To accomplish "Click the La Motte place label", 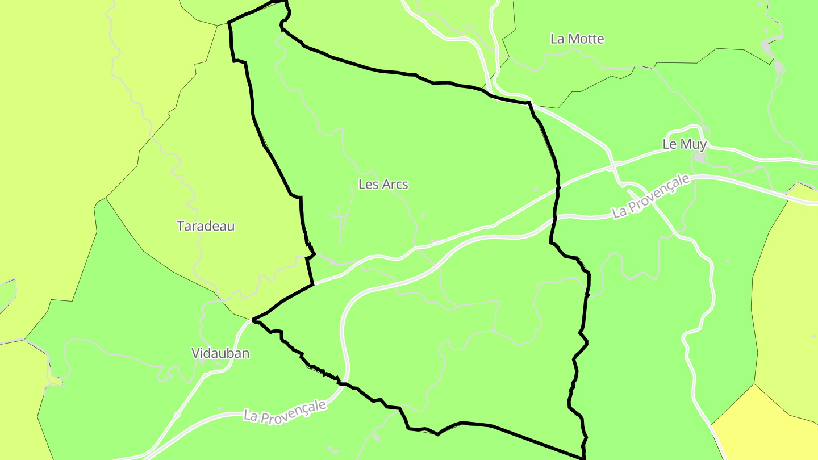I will click(x=577, y=39).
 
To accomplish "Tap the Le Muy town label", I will click(x=685, y=144).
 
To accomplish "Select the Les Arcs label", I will click(x=383, y=185).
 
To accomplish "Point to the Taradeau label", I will click(x=206, y=226).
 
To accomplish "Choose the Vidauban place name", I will click(x=220, y=353).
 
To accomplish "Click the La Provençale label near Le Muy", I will click(x=651, y=196).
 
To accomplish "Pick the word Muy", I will click(x=693, y=144).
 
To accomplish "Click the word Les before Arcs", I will click(x=367, y=185).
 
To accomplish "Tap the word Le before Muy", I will click(x=670, y=144).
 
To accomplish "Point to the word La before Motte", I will click(x=557, y=39).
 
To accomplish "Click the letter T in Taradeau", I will click(x=181, y=226).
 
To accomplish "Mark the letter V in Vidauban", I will click(x=195, y=353).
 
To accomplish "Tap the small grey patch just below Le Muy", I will click(x=700, y=158).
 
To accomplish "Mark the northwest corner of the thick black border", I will click(x=228, y=23).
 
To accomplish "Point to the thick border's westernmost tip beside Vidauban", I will click(x=253, y=320).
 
